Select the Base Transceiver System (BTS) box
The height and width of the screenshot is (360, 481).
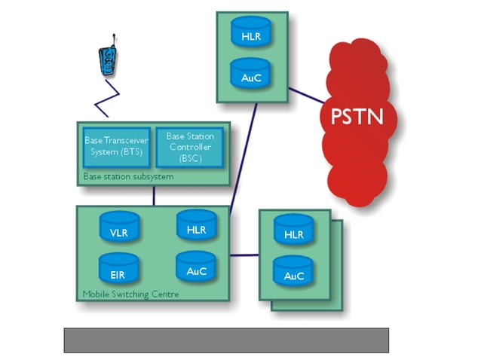click(x=116, y=147)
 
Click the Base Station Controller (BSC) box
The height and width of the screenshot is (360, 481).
click(x=189, y=147)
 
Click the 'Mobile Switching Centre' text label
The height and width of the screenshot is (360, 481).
click(x=130, y=294)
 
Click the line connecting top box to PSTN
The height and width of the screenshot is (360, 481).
click(x=308, y=96)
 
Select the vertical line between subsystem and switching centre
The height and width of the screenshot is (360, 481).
click(x=154, y=195)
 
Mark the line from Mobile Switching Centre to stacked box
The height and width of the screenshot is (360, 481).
click(x=244, y=255)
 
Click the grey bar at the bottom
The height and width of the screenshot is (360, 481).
click(x=225, y=340)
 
